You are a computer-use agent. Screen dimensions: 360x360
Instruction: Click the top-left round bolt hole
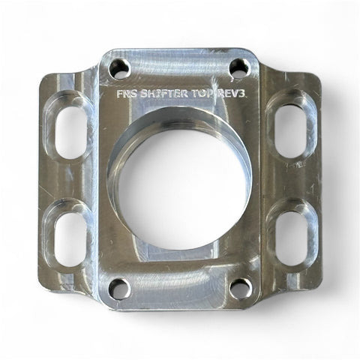(120, 67)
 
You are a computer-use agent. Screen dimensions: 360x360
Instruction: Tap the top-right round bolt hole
(239, 67)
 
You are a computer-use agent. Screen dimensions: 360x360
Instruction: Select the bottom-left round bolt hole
(120, 289)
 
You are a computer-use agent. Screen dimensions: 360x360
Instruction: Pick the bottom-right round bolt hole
(240, 289)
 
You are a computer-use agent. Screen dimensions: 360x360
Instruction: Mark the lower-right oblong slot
(292, 238)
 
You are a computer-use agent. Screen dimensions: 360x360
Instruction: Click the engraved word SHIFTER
(163, 94)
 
